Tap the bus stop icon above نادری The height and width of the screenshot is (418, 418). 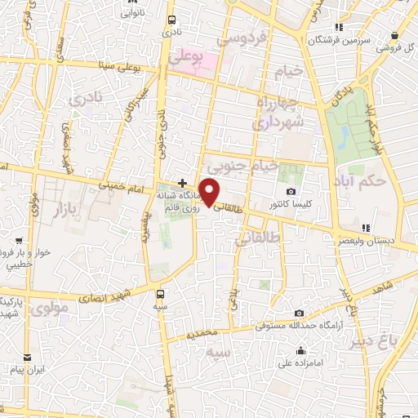171,20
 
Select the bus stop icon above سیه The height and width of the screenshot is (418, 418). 160,292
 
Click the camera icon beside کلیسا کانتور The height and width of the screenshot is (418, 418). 291,191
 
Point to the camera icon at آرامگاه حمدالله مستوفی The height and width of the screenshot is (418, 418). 300,313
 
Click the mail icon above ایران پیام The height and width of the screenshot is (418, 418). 27,357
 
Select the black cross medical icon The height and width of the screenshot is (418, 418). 182,182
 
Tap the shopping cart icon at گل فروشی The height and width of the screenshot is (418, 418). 394,36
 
